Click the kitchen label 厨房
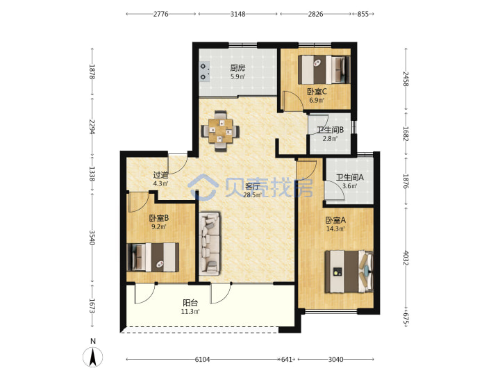coord(238,67)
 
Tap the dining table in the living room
coord(220,131)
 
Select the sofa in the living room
coord(210,243)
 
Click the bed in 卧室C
coord(324,70)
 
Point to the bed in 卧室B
coord(153,257)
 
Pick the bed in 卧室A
coord(349,272)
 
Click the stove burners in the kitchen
coord(204,72)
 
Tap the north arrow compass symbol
coord(93,356)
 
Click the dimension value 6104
coord(202,360)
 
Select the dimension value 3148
coord(238,14)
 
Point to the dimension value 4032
coord(406,258)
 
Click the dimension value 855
coord(362,14)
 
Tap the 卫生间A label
coord(349,177)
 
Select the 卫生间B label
coord(330,130)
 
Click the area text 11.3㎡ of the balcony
coord(190,312)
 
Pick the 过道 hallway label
coord(160,175)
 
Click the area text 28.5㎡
coord(252,195)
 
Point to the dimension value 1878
coord(92,72)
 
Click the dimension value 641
coord(286,360)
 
